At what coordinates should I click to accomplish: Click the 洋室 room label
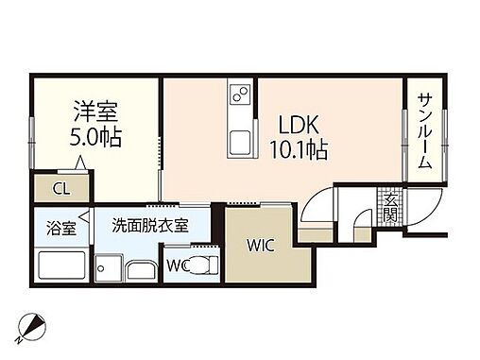pos(96,110)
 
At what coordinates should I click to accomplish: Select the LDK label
pos(298,124)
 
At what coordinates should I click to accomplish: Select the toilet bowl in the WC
pos(200,264)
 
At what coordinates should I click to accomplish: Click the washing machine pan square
pos(110,270)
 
